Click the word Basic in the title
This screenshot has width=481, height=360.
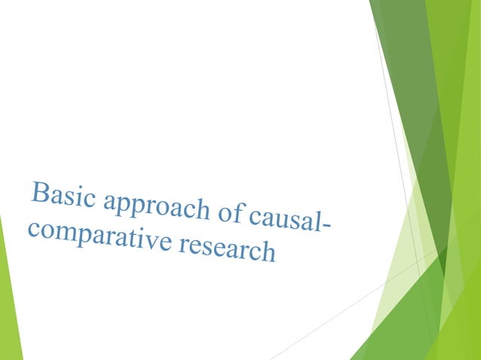(62, 195)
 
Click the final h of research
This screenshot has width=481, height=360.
(267, 252)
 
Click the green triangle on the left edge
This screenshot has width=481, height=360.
(9, 301)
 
